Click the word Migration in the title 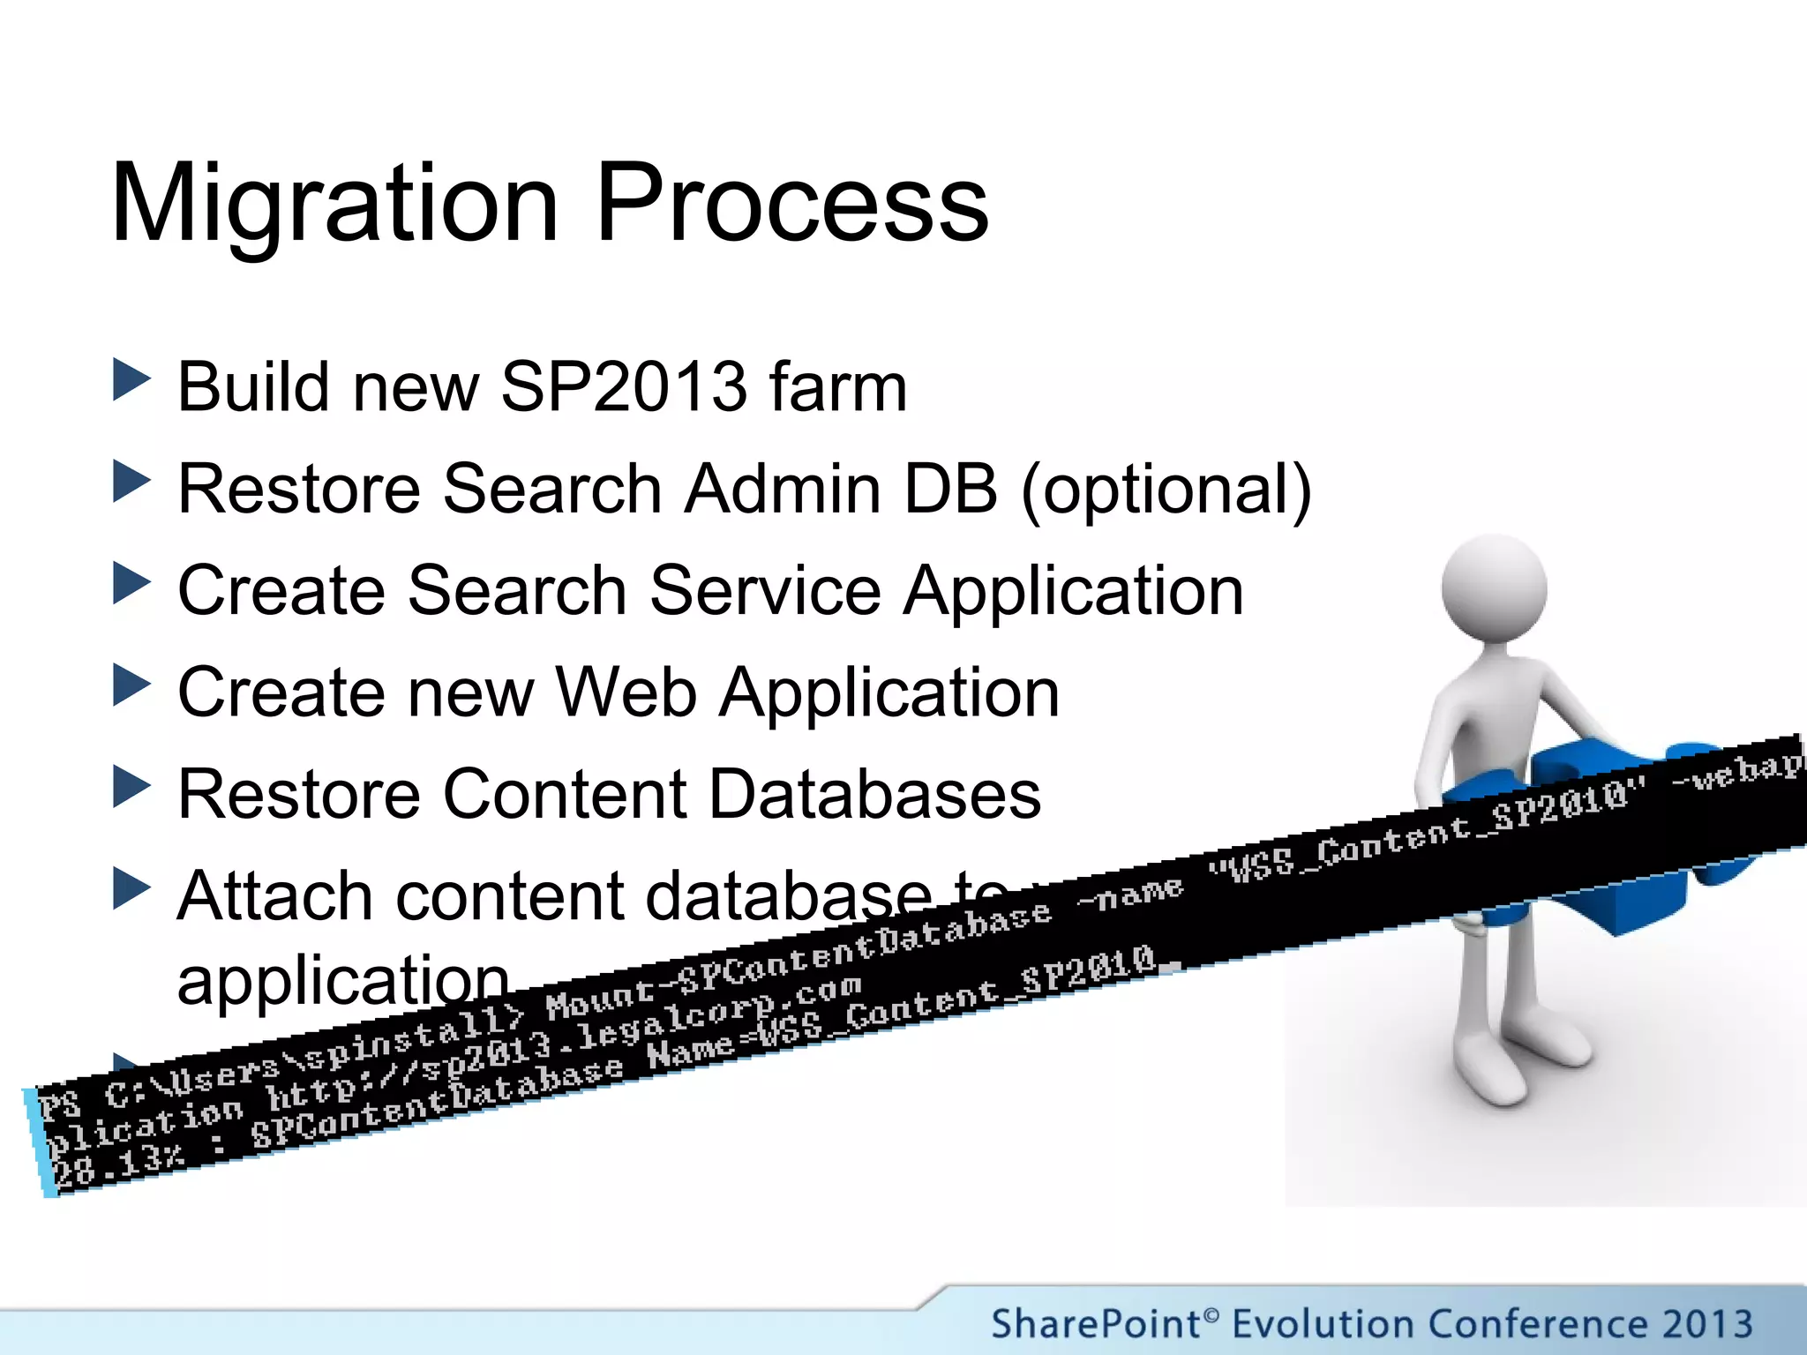click(334, 205)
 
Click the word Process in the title click(791, 205)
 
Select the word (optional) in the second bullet click(1166, 490)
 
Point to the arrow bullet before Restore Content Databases click(131, 787)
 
